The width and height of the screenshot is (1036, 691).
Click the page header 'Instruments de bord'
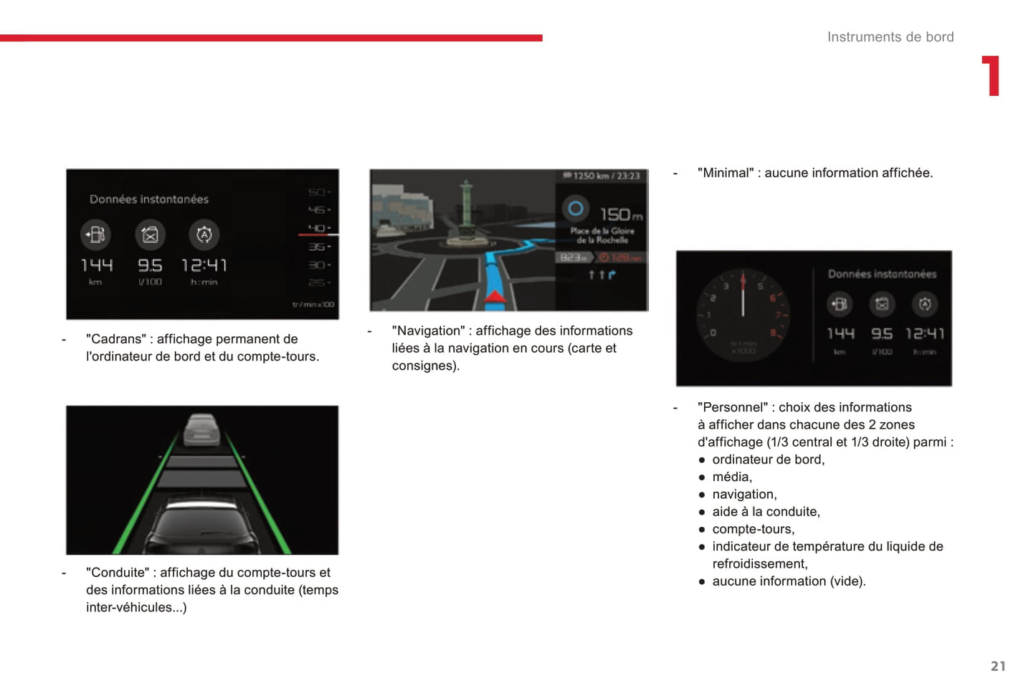(x=890, y=37)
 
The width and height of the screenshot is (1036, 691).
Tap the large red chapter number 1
(x=991, y=76)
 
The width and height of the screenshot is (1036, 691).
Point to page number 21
(x=997, y=666)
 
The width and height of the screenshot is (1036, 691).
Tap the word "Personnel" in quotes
(x=733, y=407)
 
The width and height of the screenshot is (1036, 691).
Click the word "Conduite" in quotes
(x=118, y=572)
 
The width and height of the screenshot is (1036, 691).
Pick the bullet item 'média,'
(x=732, y=477)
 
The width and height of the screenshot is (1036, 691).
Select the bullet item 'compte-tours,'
(x=753, y=529)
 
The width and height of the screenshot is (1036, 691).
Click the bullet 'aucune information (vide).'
(x=789, y=581)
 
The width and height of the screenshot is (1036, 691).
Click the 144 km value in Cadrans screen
(x=97, y=266)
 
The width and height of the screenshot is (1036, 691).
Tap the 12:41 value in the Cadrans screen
(x=204, y=266)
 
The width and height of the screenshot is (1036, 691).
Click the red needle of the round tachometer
(x=743, y=296)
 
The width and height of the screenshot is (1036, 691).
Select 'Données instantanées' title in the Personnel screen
(x=882, y=274)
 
